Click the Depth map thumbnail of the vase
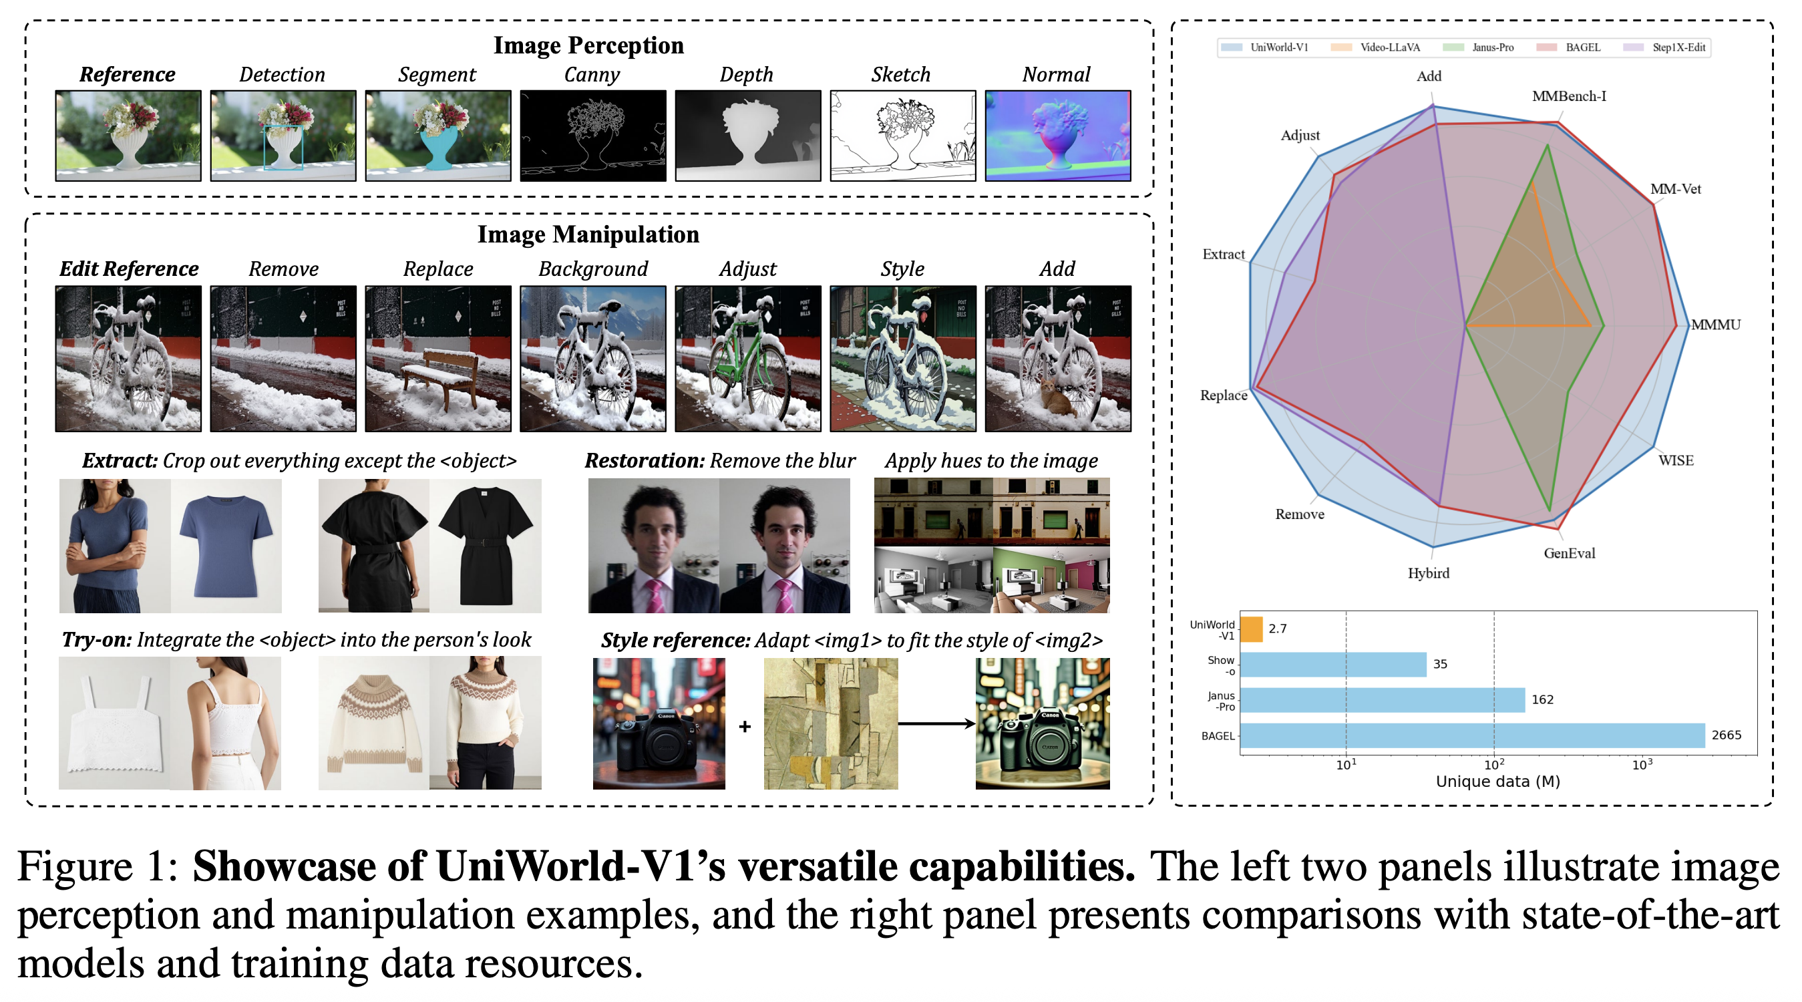[x=747, y=135]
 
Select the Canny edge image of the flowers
[x=592, y=135]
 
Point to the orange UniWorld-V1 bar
[x=1251, y=629]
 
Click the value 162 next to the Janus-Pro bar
[x=1542, y=699]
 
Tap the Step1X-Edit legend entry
[x=1678, y=47]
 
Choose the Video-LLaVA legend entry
[x=1389, y=47]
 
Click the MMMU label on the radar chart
[x=1715, y=325]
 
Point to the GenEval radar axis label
[x=1569, y=554]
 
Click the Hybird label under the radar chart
[x=1428, y=573]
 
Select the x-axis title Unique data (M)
[x=1497, y=782]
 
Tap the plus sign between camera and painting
[x=744, y=727]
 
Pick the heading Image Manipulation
[x=588, y=234]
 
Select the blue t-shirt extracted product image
[x=225, y=546]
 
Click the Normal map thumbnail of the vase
[x=1057, y=135]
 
